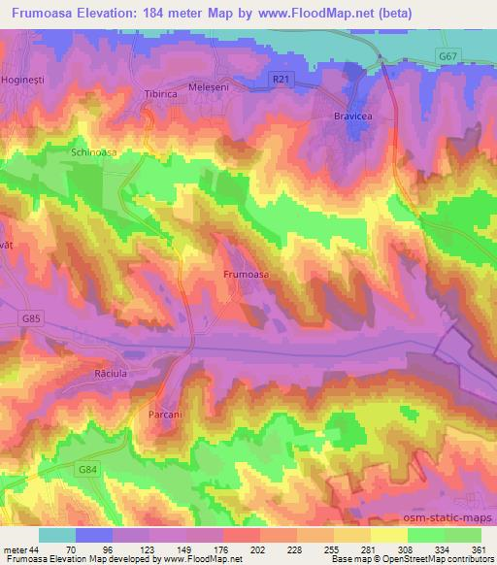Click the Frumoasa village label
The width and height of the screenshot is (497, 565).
246,275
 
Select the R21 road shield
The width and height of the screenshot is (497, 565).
281,77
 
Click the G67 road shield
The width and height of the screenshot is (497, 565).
447,57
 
